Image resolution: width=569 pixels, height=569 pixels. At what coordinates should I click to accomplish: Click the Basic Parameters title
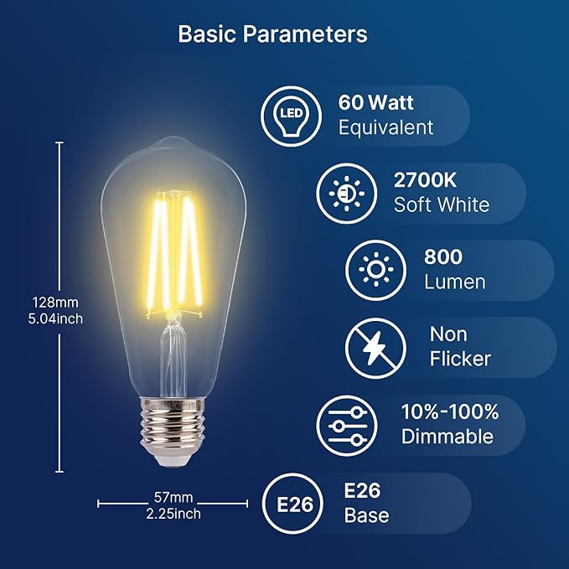pos(272,35)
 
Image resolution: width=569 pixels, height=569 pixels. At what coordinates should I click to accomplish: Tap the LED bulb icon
pos(290,116)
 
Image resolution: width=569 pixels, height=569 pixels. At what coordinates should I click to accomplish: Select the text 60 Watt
pos(376,103)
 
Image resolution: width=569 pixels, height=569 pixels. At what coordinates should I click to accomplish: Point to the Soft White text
pos(442,204)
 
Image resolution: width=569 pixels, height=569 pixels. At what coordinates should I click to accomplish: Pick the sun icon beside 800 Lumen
pos(376,270)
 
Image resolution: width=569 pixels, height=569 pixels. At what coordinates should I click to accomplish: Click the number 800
pos(444,256)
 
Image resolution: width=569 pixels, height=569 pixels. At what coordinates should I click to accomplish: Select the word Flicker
pos(460,360)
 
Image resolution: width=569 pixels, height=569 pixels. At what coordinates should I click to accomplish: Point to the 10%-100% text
pos(450,411)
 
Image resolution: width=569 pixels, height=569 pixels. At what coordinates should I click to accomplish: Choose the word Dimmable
pos(447,437)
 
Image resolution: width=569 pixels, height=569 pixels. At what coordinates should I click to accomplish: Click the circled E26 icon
pos(292,504)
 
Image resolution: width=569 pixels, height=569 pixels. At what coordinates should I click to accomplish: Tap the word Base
pos(367,515)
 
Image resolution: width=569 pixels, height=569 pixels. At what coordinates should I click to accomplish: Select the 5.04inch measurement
pos(55,318)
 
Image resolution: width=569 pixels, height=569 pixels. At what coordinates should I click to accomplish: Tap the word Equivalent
pos(386,127)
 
